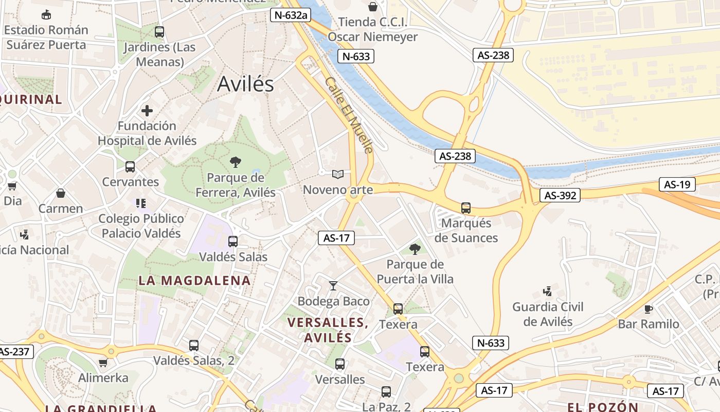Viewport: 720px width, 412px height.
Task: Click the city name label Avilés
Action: (x=245, y=84)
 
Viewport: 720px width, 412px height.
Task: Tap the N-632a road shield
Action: (x=290, y=15)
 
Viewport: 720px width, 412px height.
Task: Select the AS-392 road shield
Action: (x=560, y=195)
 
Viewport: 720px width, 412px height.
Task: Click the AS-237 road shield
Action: (x=14, y=352)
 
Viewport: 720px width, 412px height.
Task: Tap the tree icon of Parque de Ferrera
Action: (x=236, y=162)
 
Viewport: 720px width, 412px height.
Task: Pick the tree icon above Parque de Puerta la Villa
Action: (x=415, y=249)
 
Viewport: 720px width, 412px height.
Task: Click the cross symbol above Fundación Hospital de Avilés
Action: (x=147, y=111)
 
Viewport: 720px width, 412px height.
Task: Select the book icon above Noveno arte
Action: (x=337, y=175)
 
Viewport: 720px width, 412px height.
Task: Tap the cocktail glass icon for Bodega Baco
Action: (x=333, y=285)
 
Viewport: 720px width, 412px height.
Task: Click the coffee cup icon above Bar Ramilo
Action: (x=648, y=309)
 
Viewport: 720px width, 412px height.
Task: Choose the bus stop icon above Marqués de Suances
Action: (x=466, y=208)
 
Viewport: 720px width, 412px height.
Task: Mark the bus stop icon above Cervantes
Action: (x=130, y=167)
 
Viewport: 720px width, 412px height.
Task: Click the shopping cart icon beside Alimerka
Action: (x=103, y=363)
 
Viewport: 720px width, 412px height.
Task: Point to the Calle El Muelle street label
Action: (x=349, y=115)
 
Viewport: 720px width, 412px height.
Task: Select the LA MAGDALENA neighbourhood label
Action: (x=194, y=281)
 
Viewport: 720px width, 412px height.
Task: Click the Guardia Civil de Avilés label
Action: (x=548, y=314)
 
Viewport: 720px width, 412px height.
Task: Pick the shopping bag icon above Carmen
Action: (x=61, y=193)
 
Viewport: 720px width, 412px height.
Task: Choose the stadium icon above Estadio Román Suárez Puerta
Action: (x=46, y=14)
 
